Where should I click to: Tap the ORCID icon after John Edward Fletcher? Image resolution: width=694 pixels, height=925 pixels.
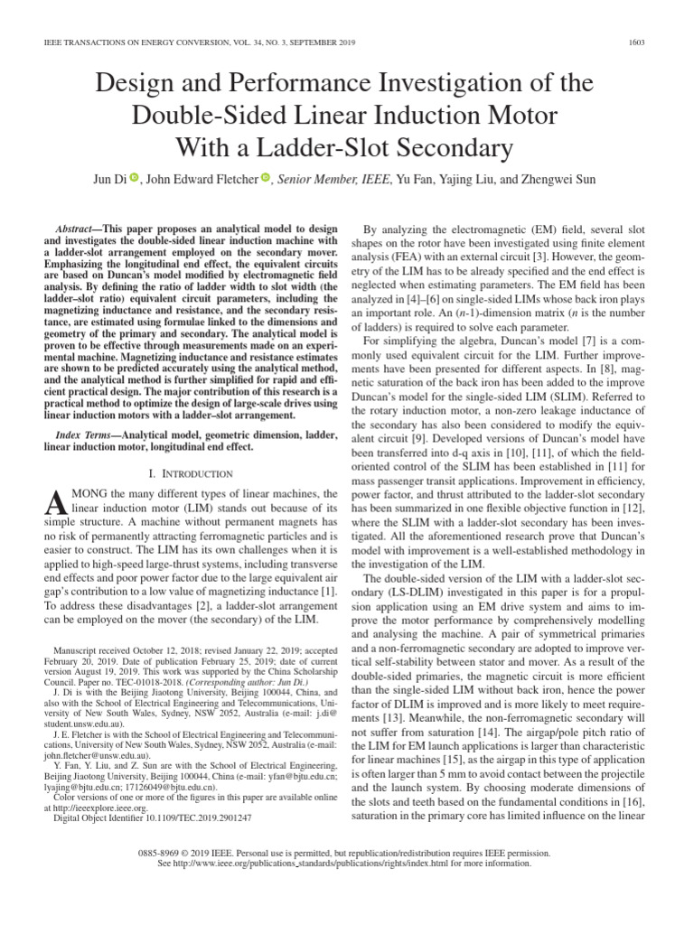[266, 179]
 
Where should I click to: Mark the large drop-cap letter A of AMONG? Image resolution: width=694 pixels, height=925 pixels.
[55, 500]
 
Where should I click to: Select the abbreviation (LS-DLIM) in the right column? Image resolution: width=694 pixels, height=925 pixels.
[394, 590]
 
